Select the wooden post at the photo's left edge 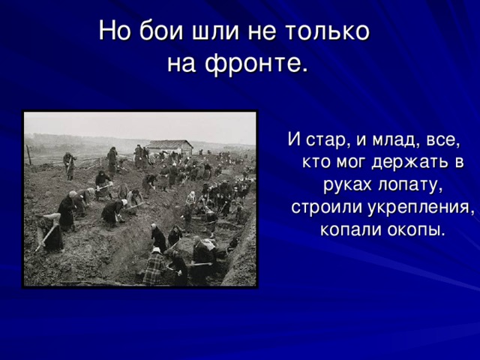(x=28, y=154)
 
